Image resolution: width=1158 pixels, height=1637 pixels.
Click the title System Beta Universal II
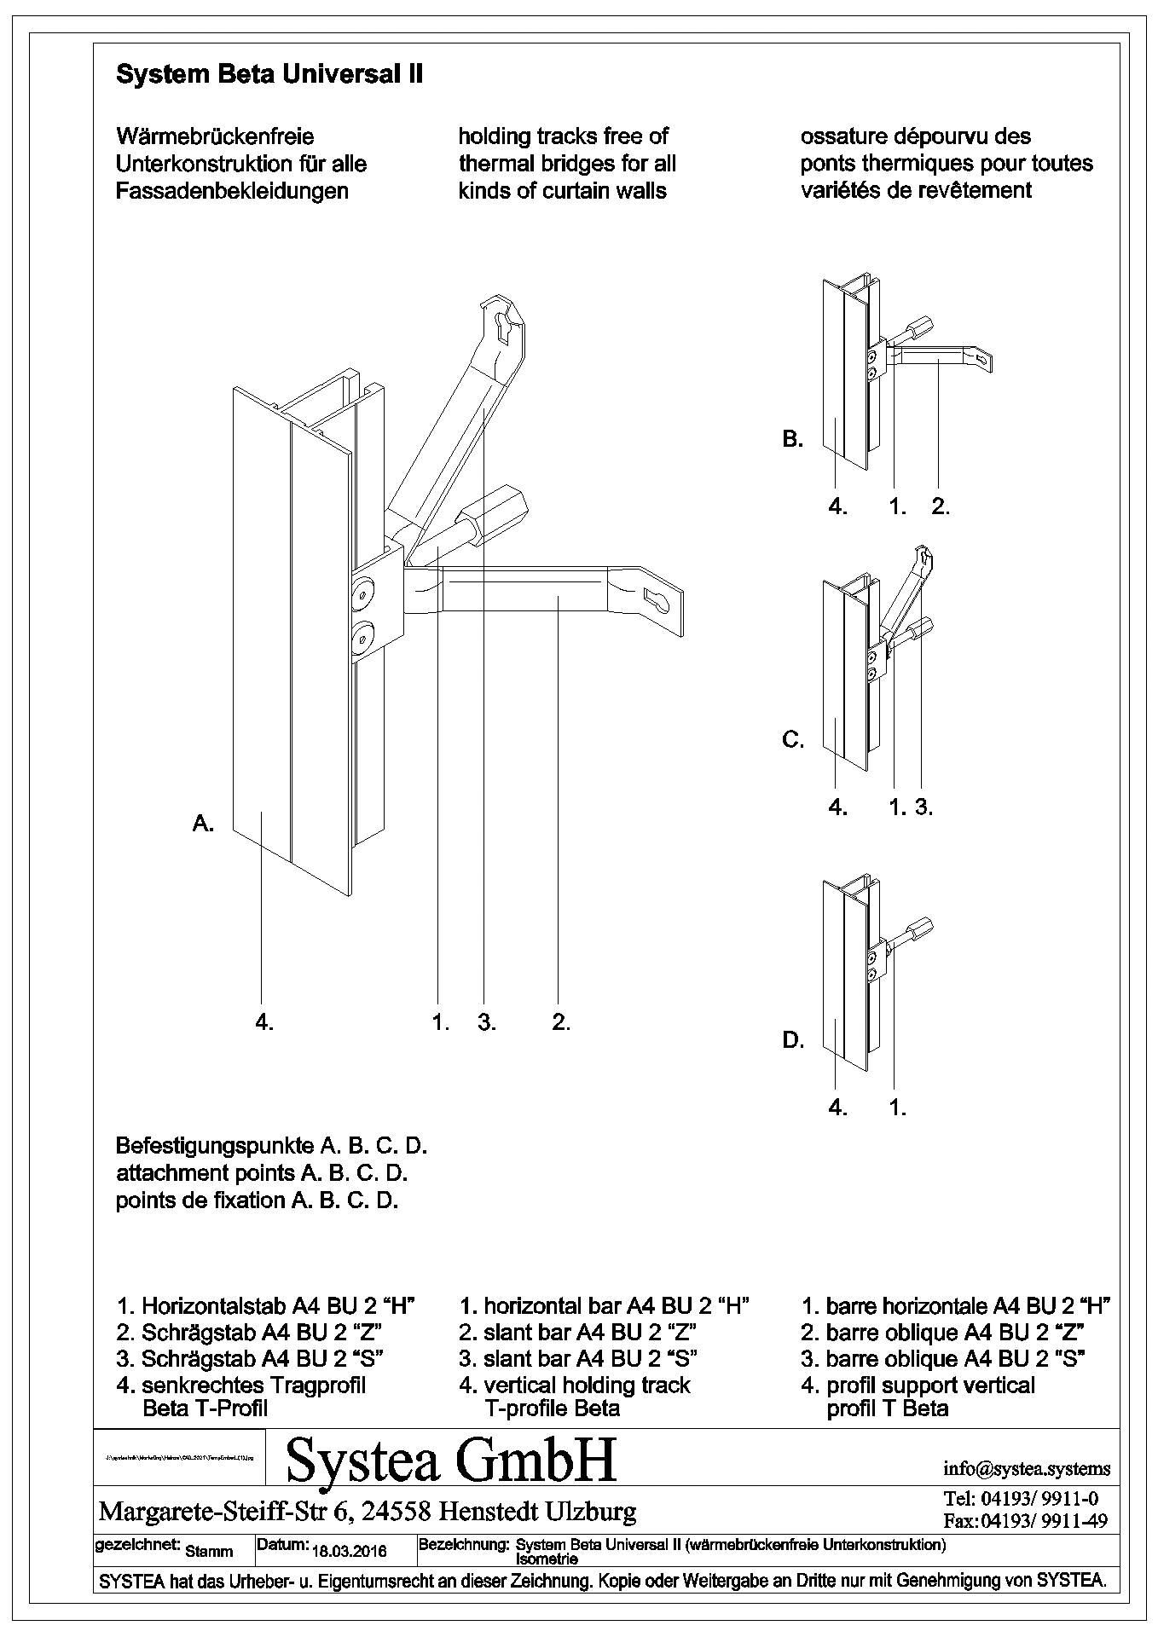[x=269, y=75]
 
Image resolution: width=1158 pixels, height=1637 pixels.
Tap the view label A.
[x=203, y=824]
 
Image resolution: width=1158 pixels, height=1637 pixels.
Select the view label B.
[x=792, y=440]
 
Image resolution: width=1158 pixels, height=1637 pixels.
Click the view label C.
[x=793, y=740]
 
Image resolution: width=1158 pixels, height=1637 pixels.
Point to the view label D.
[x=793, y=1040]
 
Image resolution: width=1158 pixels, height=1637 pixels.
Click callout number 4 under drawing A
[x=264, y=1022]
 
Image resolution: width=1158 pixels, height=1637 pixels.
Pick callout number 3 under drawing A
[x=486, y=1022]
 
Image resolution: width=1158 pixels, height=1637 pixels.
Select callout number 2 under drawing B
[x=941, y=506]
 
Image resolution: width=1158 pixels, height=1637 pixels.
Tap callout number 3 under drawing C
[x=924, y=807]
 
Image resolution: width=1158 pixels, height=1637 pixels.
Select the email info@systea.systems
[x=1026, y=1468]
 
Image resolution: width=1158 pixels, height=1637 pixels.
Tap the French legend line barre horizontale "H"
[x=955, y=1305]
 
